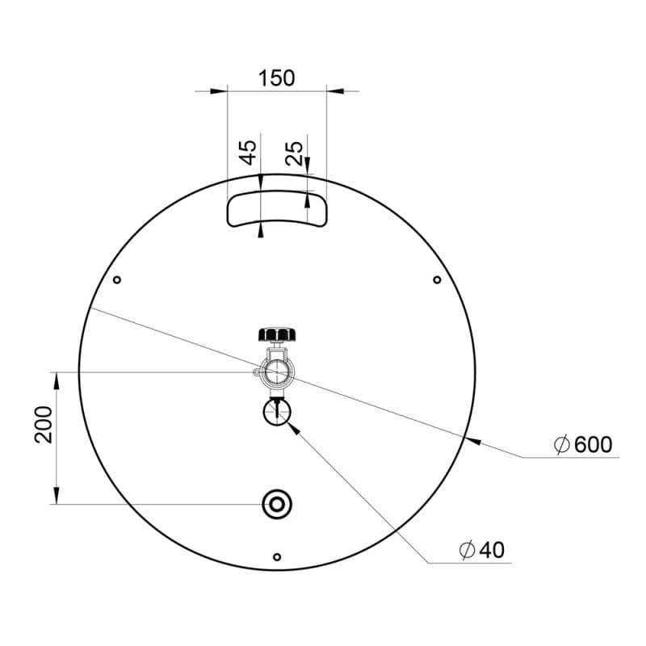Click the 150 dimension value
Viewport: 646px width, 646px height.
pyautogui.click(x=276, y=78)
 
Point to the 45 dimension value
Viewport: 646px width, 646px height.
pyautogui.click(x=249, y=153)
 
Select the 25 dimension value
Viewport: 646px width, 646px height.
pyautogui.click(x=294, y=153)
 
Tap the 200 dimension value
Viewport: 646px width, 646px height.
pyautogui.click(x=44, y=425)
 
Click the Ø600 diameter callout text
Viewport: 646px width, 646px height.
pyautogui.click(x=583, y=445)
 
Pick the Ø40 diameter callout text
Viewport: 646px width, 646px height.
pyautogui.click(x=481, y=550)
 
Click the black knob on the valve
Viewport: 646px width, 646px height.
pyautogui.click(x=277, y=334)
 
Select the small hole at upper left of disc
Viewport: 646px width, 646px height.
pyautogui.click(x=117, y=280)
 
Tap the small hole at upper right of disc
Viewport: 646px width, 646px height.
pyautogui.click(x=437, y=280)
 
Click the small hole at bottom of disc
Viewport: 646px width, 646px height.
pyautogui.click(x=277, y=557)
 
